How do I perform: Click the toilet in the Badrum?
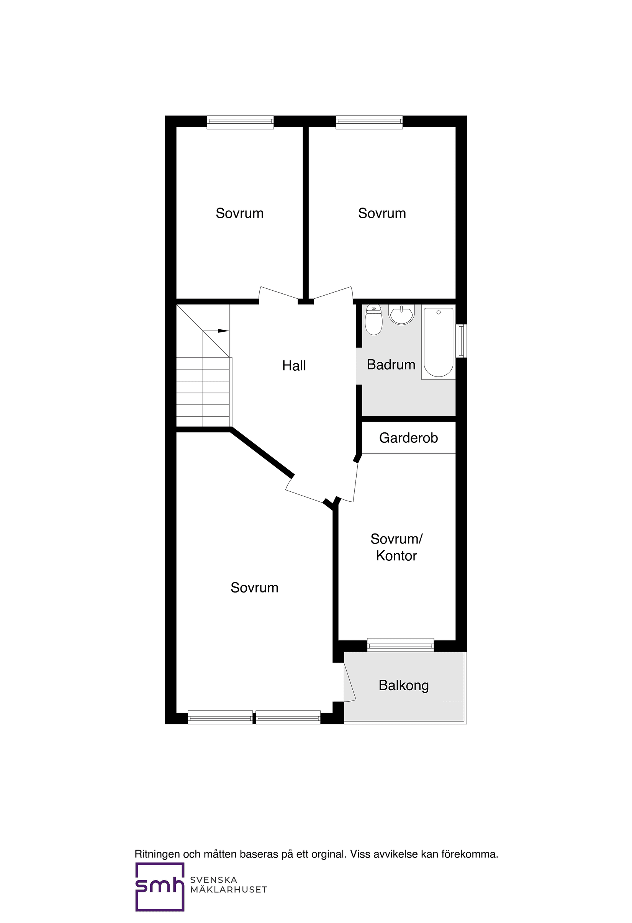pos(373,320)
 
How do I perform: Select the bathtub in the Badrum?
pos(438,342)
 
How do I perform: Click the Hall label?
pos(294,366)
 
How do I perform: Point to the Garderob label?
pos(408,438)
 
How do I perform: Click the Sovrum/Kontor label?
pos(396,547)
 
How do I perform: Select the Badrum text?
pos(391,365)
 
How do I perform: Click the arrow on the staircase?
pos(223,331)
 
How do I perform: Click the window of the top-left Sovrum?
pos(240,122)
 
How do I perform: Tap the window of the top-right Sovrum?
pos(369,122)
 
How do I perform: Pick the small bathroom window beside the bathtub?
pos(461,341)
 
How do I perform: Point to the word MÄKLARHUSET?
pos(228,890)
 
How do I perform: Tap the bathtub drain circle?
pos(439,313)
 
